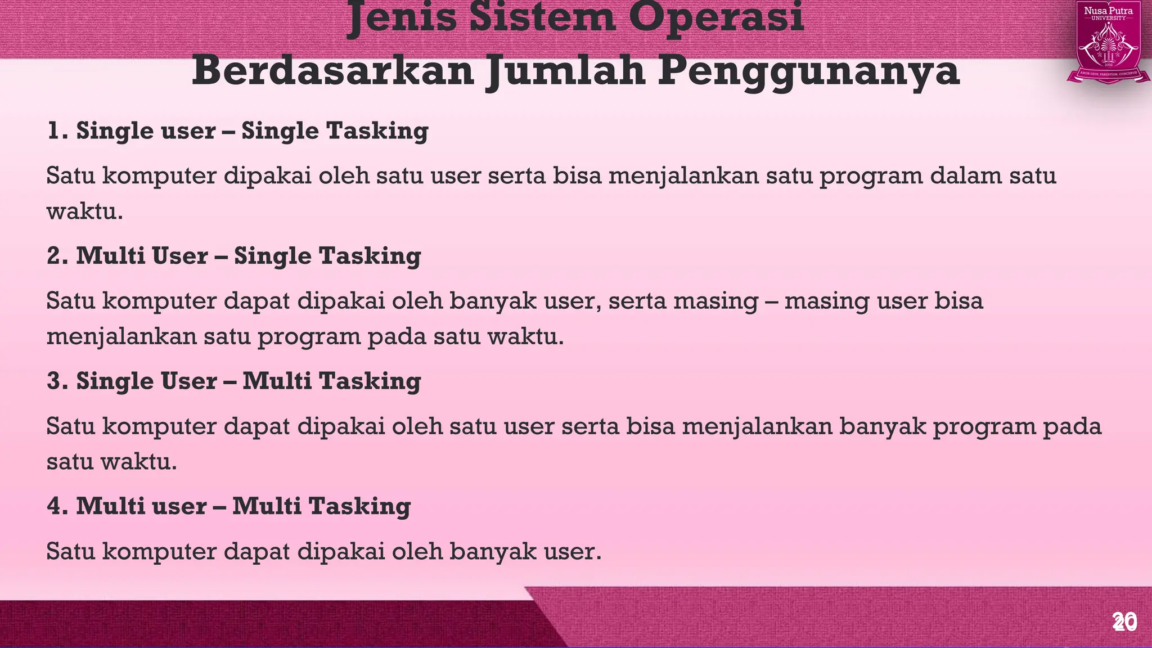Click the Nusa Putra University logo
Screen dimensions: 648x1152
point(1108,43)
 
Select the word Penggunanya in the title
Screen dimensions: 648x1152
point(808,72)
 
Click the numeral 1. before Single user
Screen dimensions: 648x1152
point(58,131)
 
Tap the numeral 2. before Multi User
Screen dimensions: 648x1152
point(58,256)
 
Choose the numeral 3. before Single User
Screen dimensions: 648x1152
point(58,381)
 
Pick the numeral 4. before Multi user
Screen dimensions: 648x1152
point(58,506)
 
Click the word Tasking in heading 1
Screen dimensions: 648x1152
point(377,131)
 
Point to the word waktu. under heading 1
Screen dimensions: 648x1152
point(84,212)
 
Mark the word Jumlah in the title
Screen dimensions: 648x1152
point(565,72)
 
